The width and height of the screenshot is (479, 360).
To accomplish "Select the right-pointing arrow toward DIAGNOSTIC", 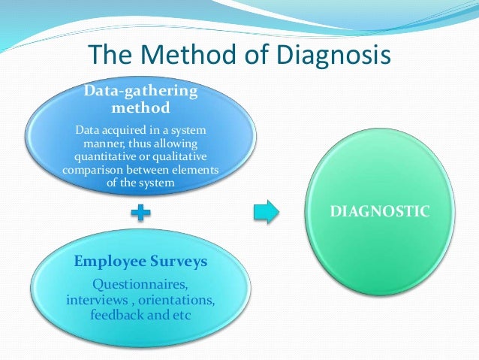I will pos(266,212).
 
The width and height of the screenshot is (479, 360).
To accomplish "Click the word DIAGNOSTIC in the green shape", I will pos(381,212).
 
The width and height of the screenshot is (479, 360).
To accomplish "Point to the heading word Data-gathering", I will pos(141,91).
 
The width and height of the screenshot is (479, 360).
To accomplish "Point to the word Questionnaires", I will pos(140,286).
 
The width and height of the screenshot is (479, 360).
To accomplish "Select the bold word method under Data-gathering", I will pos(141,107).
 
